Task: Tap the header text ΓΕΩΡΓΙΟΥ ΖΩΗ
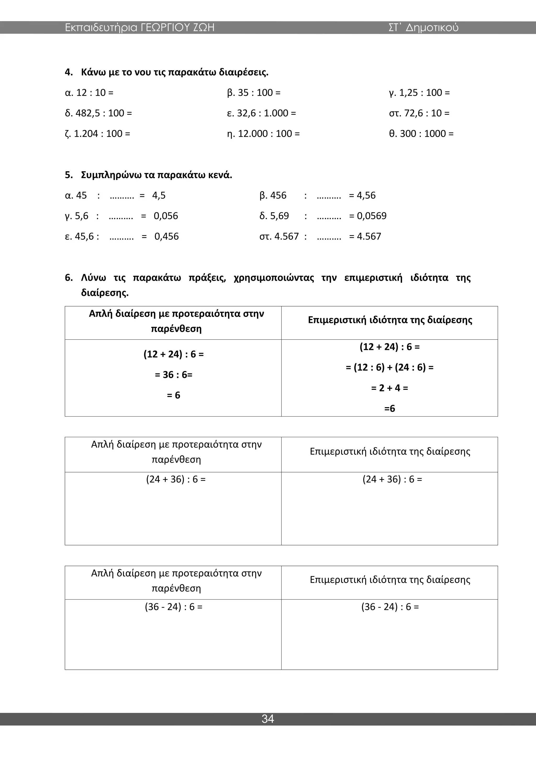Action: coord(177,27)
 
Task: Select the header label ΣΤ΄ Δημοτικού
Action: coord(423,27)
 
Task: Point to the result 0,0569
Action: coord(372,216)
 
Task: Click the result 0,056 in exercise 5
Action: coord(166,216)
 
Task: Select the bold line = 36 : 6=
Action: coord(174,374)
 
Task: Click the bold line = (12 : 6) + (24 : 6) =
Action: coord(389,367)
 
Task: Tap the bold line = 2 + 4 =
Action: coord(389,388)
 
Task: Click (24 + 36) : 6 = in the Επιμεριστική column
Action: coord(392,479)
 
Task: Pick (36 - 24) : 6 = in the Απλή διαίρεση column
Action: coord(174,607)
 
